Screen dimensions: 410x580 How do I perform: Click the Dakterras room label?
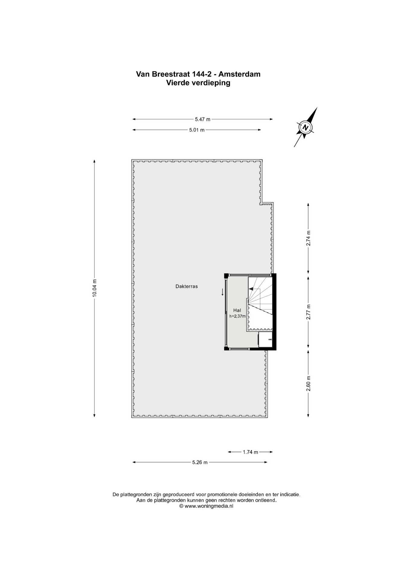[187, 286]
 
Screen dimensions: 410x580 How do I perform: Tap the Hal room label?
[237, 310]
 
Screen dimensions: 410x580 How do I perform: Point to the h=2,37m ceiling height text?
[237, 316]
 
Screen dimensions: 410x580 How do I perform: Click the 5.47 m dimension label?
[203, 119]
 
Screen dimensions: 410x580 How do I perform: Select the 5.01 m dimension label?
[197, 130]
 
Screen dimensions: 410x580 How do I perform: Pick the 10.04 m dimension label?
[94, 288]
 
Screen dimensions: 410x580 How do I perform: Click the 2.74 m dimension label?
[308, 238]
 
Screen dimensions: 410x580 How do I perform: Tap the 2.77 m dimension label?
[308, 312]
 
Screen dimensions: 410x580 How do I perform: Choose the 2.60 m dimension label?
[308, 384]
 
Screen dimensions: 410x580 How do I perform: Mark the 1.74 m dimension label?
[250, 452]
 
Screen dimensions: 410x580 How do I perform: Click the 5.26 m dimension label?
[200, 462]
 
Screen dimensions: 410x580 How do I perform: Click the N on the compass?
[306, 127]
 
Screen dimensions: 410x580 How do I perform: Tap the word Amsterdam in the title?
[239, 74]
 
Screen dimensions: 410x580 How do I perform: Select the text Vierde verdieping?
[198, 83]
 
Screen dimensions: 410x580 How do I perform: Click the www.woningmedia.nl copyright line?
[206, 506]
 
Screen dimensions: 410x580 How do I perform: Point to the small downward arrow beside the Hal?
[223, 292]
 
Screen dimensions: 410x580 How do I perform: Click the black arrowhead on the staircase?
[251, 289]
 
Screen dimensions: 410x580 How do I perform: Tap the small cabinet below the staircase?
[265, 340]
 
